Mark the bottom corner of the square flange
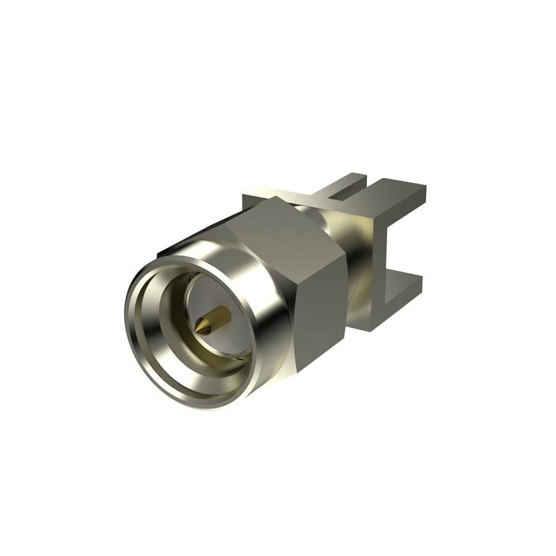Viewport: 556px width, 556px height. [361, 327]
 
